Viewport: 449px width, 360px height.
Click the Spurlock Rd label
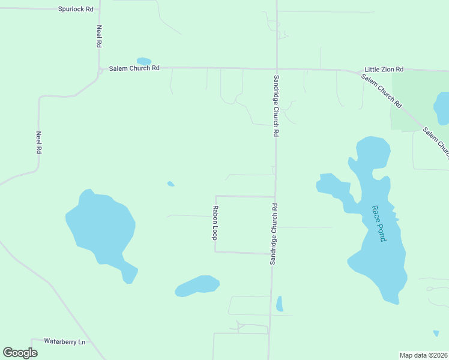click(76, 9)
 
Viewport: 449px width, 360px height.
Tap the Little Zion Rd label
click(384, 70)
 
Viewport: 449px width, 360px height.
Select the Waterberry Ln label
click(65, 341)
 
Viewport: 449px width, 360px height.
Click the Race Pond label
click(378, 223)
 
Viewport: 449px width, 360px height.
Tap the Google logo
click(20, 353)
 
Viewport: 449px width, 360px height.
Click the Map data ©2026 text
click(423, 355)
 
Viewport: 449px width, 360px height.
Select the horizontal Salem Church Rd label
click(134, 68)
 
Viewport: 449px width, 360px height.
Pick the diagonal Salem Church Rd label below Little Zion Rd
click(381, 91)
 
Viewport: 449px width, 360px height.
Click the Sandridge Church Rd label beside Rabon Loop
click(274, 234)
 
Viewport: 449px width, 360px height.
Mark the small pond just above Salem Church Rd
click(144, 61)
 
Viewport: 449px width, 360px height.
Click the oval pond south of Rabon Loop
click(197, 286)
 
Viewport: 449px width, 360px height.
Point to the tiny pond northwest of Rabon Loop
click(171, 184)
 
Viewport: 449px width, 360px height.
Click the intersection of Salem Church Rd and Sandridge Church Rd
click(276, 68)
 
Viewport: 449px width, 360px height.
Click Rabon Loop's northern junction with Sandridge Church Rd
click(275, 197)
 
